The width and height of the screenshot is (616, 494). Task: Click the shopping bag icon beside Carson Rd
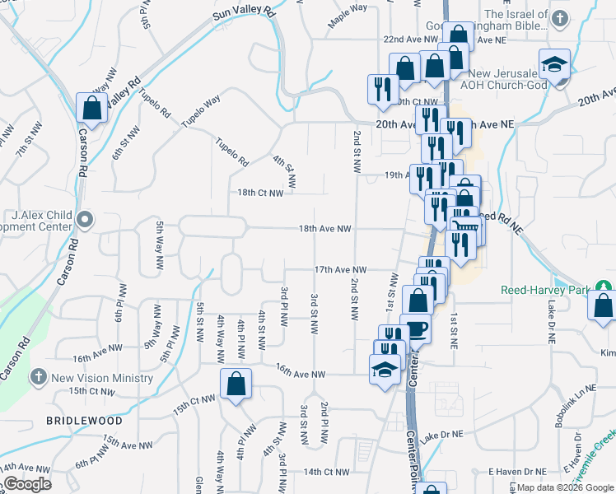click(91, 108)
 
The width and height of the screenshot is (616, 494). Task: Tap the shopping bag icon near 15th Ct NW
click(236, 384)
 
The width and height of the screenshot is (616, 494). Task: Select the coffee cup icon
click(415, 329)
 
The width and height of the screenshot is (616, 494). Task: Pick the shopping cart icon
click(465, 226)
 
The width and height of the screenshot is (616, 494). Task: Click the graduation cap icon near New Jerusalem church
click(555, 64)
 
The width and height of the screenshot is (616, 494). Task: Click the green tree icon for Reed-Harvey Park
click(605, 287)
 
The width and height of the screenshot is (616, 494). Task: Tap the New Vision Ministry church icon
click(37, 378)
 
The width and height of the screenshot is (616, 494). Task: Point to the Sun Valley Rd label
click(244, 10)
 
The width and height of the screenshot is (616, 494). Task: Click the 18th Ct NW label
click(260, 193)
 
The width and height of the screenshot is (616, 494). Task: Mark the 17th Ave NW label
click(339, 269)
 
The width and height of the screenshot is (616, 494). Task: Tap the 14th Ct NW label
click(326, 472)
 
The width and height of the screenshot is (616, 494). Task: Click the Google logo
click(27, 484)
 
